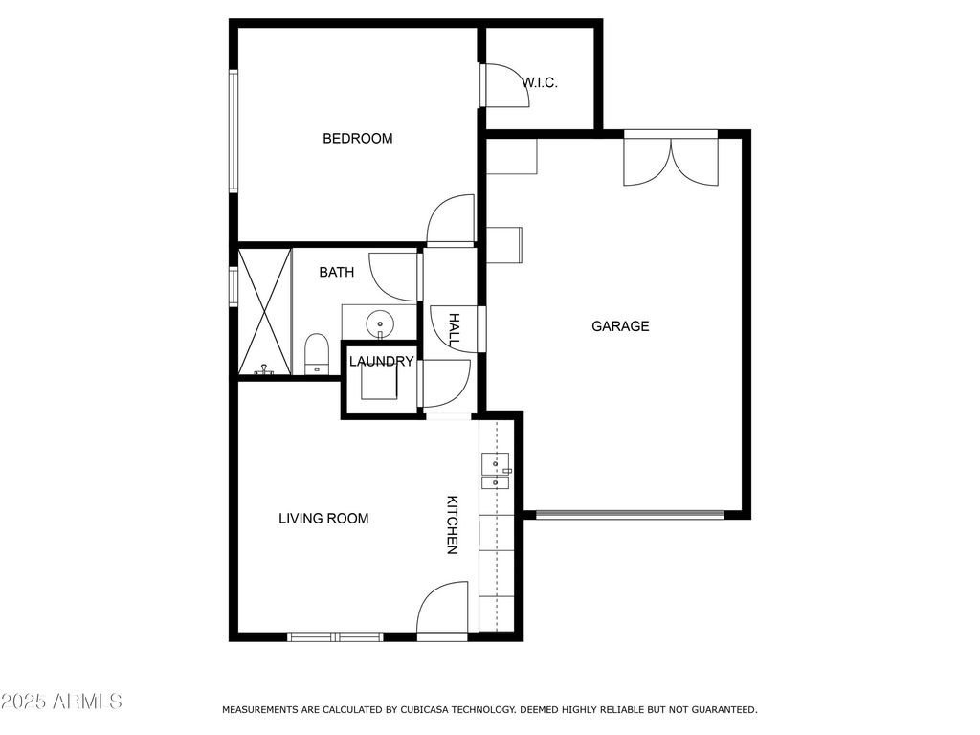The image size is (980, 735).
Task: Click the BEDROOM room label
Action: pyautogui.click(x=358, y=138)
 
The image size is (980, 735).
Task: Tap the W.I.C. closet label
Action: pyautogui.click(x=540, y=82)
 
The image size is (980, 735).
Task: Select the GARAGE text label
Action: pyautogui.click(x=620, y=325)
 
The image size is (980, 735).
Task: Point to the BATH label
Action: pyautogui.click(x=336, y=272)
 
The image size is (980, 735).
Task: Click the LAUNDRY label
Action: pyautogui.click(x=381, y=361)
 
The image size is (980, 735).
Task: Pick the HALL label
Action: pyautogui.click(x=455, y=330)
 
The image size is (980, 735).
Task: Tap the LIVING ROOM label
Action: pyautogui.click(x=323, y=518)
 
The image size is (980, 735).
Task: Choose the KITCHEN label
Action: pyautogui.click(x=452, y=525)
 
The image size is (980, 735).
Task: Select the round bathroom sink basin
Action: pyautogui.click(x=379, y=323)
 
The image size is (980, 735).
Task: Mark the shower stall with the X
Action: pyautogui.click(x=265, y=312)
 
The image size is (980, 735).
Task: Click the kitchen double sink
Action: pyautogui.click(x=495, y=471)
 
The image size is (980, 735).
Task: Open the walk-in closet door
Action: pyautogui.click(x=505, y=85)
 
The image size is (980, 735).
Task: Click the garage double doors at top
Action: pyautogui.click(x=671, y=161)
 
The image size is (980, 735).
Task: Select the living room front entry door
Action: pyautogui.click(x=442, y=609)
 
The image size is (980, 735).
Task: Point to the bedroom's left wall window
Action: pyautogui.click(x=234, y=130)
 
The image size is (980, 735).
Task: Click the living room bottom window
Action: pyautogui.click(x=336, y=636)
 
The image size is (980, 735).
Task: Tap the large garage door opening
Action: pyautogui.click(x=630, y=515)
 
